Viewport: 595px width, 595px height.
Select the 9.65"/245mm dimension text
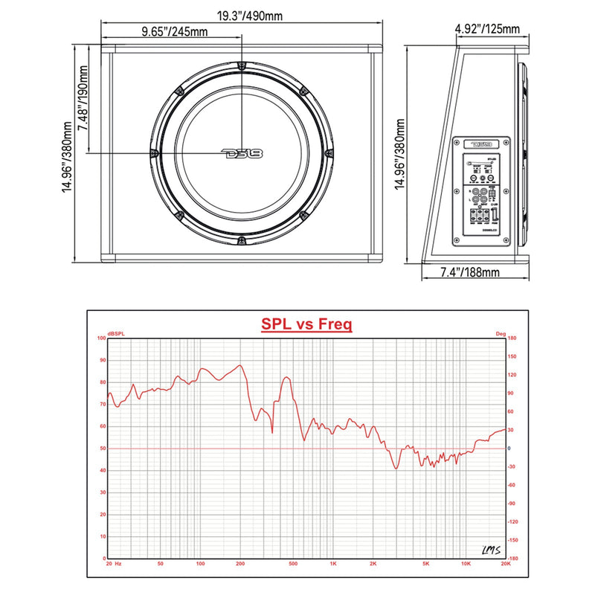coord(174,31)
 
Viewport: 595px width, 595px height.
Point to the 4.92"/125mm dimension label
coord(487,29)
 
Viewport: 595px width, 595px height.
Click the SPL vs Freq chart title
coord(306,324)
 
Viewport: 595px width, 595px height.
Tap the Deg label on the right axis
coord(500,332)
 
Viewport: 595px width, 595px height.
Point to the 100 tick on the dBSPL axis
coord(101,338)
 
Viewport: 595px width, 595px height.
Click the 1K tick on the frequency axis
coord(333,565)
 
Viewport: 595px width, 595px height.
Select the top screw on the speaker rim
coord(241,66)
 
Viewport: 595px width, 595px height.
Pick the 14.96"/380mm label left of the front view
coord(67,153)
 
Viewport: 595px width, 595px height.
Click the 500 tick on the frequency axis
coord(293,565)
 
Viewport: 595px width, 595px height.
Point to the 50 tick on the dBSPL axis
coord(103,448)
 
